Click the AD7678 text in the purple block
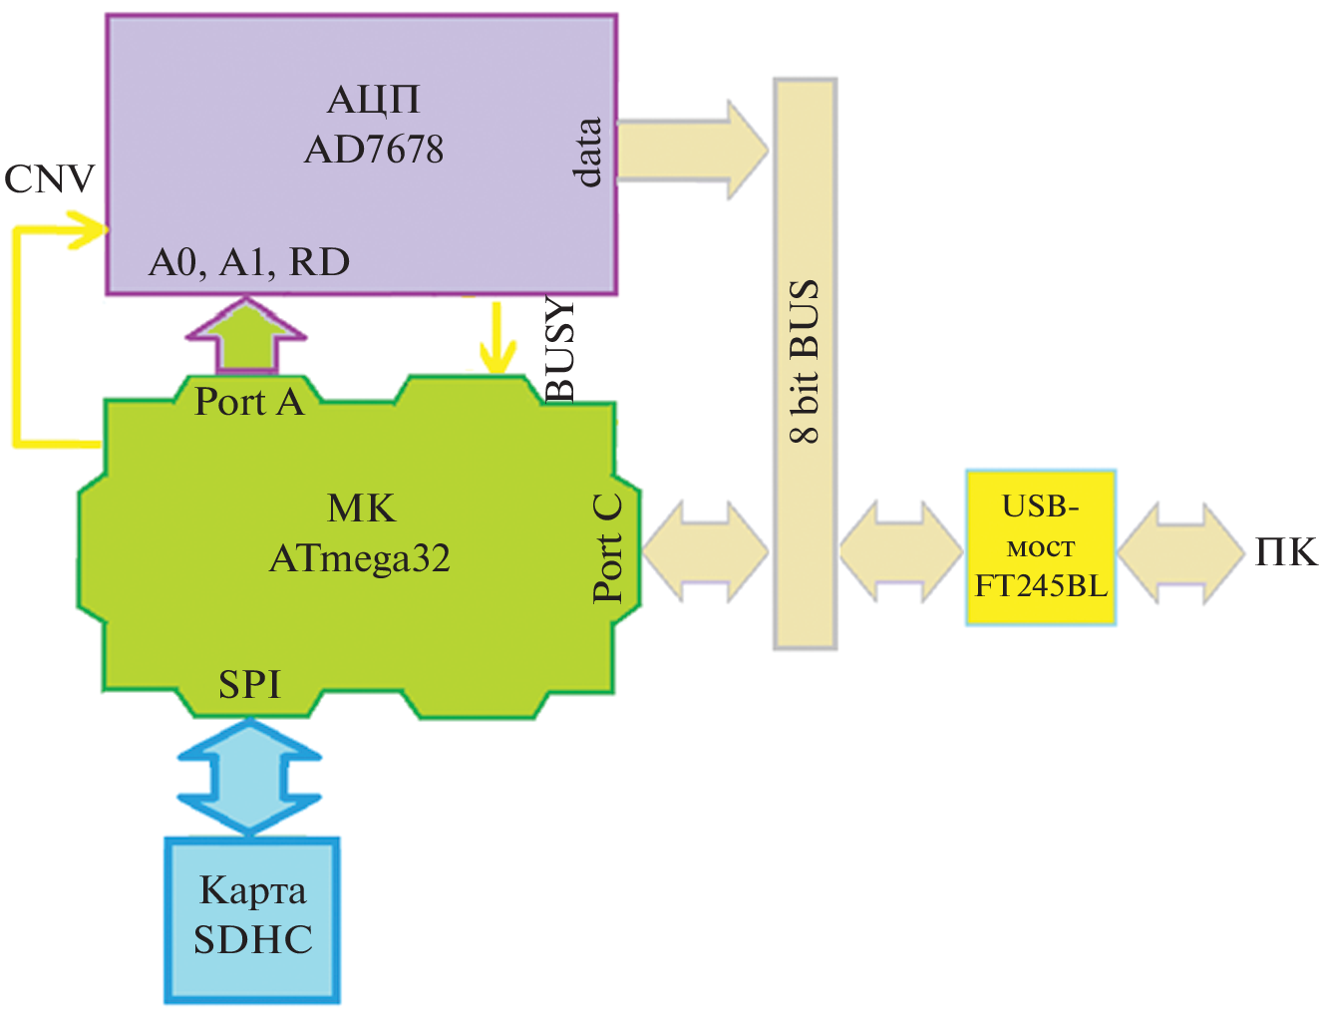[374, 150]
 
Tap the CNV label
[49, 179]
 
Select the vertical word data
[589, 152]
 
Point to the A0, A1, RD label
[249, 262]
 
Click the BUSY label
[560, 349]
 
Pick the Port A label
[248, 401]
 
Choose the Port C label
[607, 548]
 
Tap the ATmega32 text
[360, 558]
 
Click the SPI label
[249, 684]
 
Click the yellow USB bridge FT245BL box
[1040, 547]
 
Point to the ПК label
[1286, 551]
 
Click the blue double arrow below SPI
[249, 777]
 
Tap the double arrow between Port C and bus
[706, 550]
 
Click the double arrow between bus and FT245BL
[900, 550]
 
